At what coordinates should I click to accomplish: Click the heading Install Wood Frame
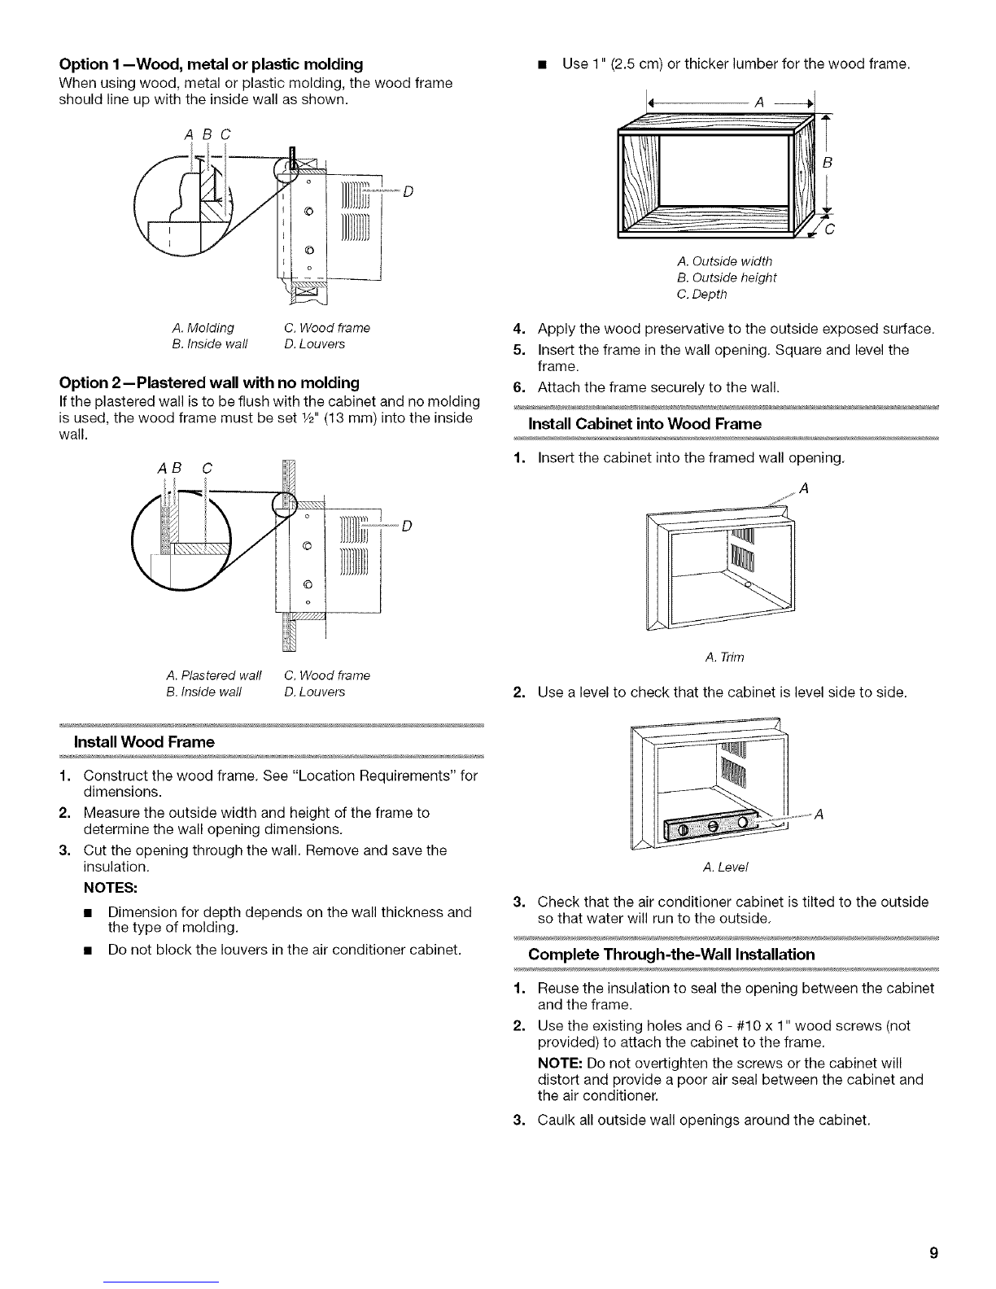pos(144,742)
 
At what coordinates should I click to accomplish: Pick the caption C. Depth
pos(701,294)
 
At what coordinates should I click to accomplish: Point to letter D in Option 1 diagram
pos(408,192)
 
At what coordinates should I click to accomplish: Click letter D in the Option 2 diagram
pos(407,527)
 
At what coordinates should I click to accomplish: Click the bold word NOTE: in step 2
pos(560,1064)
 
